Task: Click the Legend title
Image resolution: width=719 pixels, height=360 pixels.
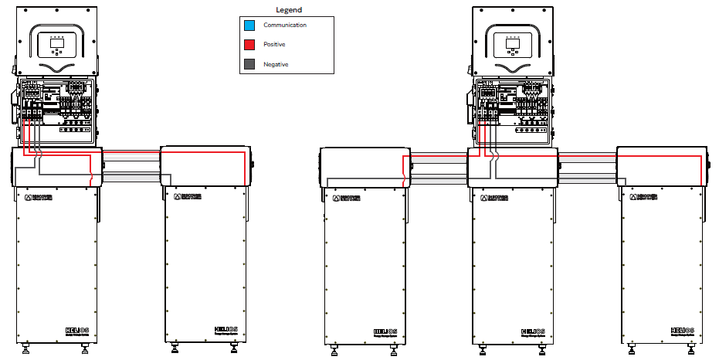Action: (x=289, y=10)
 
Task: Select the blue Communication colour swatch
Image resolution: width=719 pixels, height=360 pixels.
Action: (x=249, y=25)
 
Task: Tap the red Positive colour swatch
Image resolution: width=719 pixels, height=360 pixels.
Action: (x=249, y=45)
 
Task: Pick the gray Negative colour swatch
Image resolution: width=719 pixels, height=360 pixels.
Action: (x=249, y=64)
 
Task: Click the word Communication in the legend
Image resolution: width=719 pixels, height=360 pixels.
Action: (x=285, y=25)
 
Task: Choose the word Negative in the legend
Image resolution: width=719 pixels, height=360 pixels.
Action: (x=276, y=64)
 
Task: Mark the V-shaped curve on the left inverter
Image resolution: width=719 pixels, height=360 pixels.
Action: (x=57, y=68)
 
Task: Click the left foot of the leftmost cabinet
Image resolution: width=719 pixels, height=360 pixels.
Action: (x=28, y=351)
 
